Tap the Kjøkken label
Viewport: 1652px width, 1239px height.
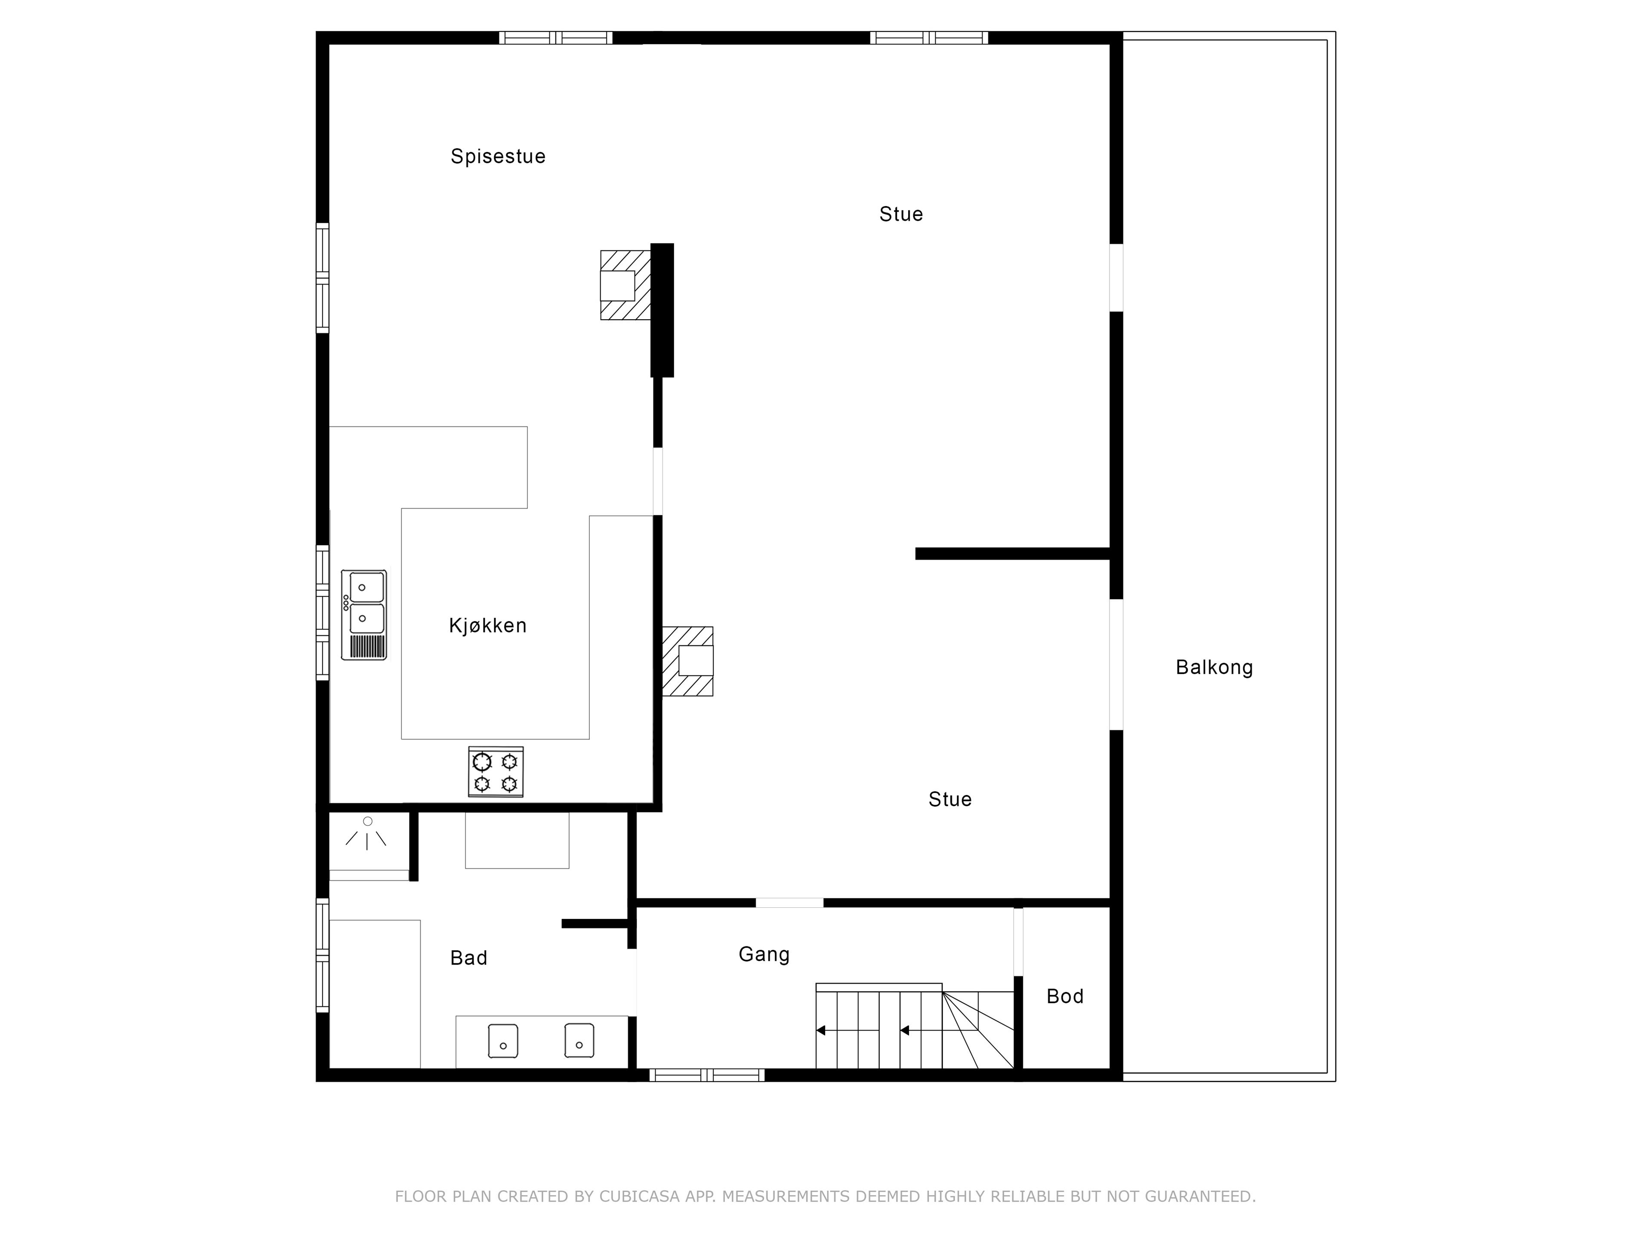pos(488,626)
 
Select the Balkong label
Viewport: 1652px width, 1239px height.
pos(1214,668)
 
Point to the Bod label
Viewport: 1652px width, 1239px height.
pos(1065,996)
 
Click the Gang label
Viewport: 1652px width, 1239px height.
pos(764,955)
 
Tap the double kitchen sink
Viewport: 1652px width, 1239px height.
pos(364,615)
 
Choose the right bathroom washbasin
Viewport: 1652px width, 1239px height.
pos(579,1040)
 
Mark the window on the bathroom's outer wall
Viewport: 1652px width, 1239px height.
pos(323,955)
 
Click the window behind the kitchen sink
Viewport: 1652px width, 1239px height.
pos(323,613)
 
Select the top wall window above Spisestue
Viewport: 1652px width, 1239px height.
pos(556,38)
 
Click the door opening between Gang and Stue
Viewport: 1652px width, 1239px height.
pos(789,903)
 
